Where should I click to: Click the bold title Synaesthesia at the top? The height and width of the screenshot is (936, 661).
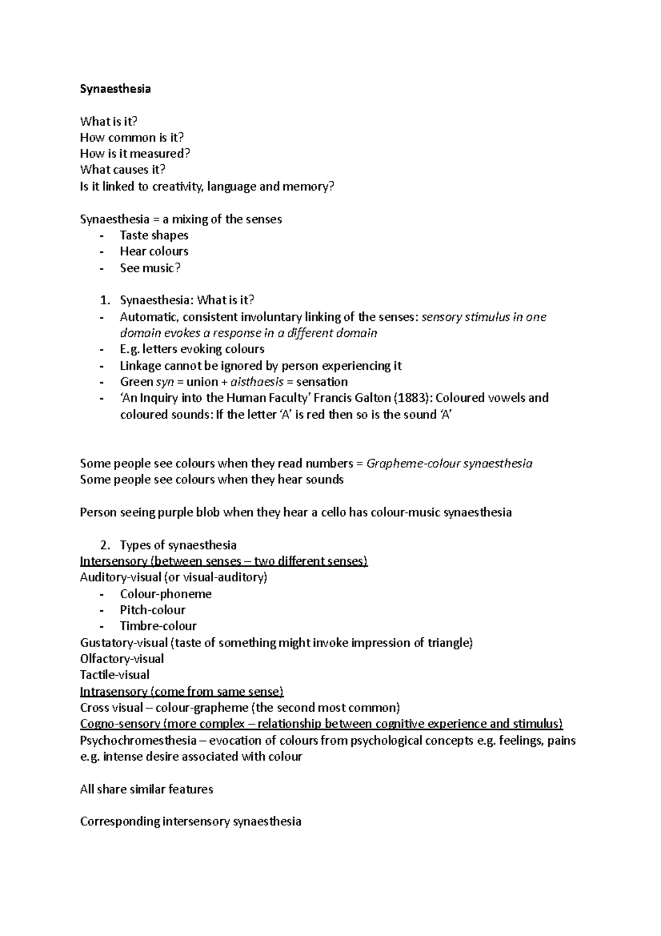[115, 89]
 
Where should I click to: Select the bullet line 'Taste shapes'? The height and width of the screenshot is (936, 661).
[154, 235]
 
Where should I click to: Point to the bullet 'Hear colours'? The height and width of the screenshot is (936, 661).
[154, 251]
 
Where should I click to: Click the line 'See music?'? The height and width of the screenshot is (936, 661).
[150, 268]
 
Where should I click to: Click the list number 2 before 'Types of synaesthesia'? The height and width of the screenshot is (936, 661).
[105, 545]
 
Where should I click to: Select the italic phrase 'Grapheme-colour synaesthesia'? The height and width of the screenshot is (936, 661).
[449, 464]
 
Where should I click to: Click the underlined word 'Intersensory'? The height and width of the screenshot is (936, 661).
[113, 561]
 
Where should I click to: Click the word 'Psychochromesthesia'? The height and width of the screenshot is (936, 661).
[138, 740]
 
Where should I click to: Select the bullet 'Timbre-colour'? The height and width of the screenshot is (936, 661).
[158, 626]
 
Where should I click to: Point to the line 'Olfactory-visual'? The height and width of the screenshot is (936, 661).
[122, 659]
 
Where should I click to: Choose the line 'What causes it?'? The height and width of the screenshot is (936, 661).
[122, 170]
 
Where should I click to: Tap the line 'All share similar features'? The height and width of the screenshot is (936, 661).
[146, 789]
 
